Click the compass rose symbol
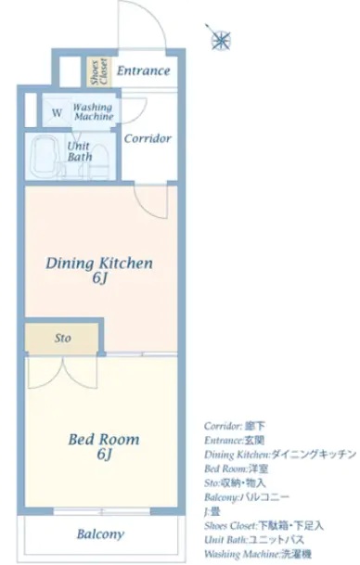tap(219, 38)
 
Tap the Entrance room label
tap(143, 71)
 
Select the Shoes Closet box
tap(99, 72)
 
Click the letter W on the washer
tap(57, 113)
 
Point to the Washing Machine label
tap(94, 112)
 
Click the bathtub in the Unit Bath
tap(44, 157)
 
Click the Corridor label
tap(148, 138)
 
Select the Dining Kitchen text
tap(99, 263)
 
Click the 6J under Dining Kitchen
tap(100, 278)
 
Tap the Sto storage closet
tap(61, 338)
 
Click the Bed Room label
tap(104, 439)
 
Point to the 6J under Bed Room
tap(104, 454)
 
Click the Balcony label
tap(100, 533)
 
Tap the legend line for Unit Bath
tap(254, 539)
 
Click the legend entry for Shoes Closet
tap(264, 526)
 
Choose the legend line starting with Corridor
tap(234, 426)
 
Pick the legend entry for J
tap(212, 511)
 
